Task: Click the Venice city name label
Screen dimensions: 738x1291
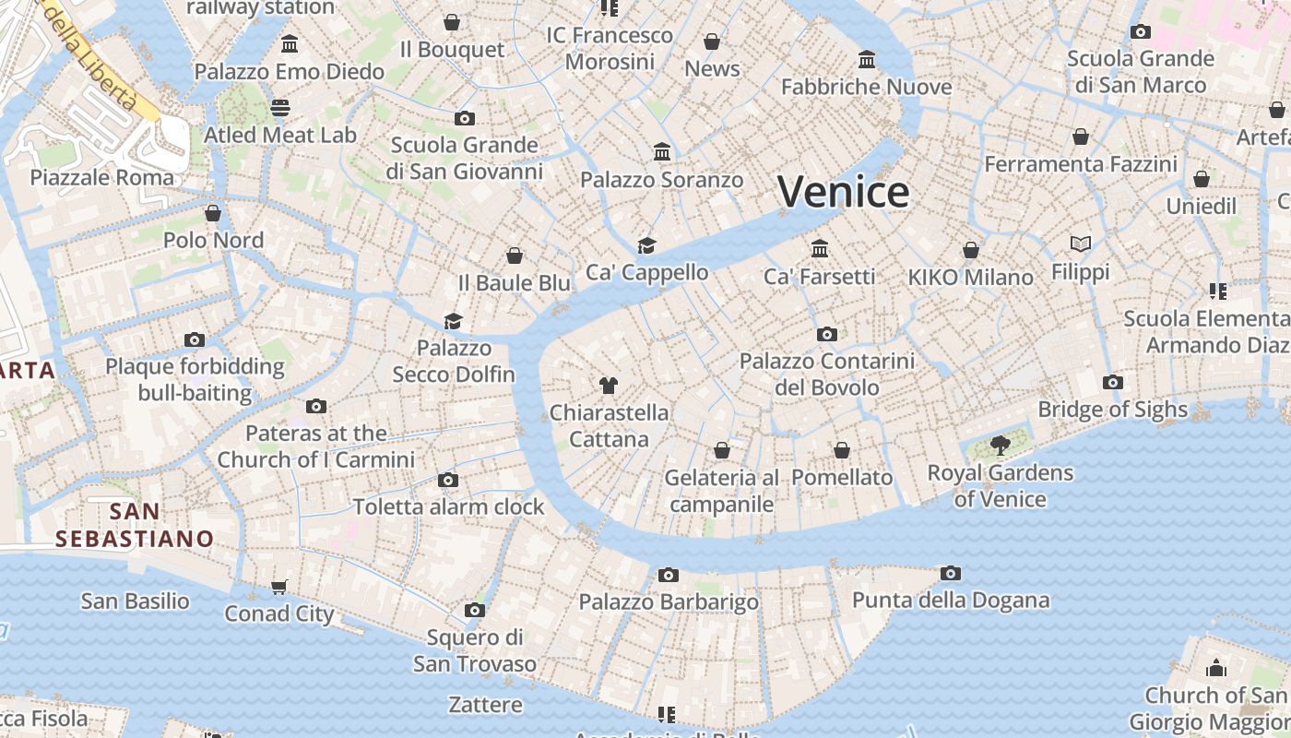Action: pos(843,192)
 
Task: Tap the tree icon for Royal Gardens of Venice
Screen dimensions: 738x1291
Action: pos(1000,446)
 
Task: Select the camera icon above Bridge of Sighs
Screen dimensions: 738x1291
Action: pos(1113,382)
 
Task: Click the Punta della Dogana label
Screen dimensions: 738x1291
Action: pos(951,601)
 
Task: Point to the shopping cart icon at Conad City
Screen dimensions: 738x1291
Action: pos(279,587)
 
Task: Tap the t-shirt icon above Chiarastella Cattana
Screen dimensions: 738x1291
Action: pos(608,386)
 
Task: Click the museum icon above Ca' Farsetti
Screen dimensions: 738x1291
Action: pos(820,249)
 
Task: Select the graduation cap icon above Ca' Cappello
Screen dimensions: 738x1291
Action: pos(647,245)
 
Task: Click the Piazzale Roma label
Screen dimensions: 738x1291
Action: pos(102,177)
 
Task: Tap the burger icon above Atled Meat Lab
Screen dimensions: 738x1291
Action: pos(280,108)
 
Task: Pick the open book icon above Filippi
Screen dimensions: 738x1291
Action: pos(1081,244)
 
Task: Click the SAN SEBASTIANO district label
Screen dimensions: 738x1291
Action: pos(135,525)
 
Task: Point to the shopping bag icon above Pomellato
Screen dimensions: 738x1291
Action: pos(842,450)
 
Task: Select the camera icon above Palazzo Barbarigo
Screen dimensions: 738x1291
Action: pos(669,576)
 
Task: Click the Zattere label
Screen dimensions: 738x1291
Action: pos(485,705)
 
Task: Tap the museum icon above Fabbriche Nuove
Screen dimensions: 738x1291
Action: pos(867,60)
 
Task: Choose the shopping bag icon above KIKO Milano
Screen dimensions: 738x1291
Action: pos(971,250)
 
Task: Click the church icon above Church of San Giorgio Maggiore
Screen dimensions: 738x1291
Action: pos(1216,668)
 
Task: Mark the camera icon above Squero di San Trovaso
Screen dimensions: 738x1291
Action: pos(475,610)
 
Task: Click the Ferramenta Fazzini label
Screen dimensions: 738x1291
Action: pos(1081,164)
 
